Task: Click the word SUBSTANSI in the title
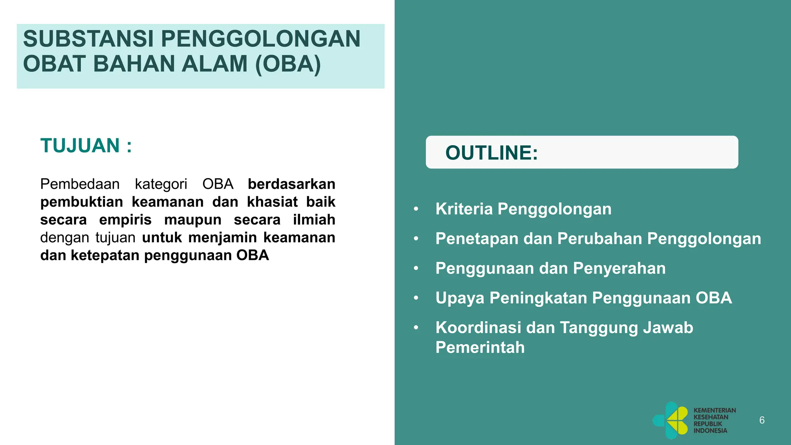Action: [88, 39]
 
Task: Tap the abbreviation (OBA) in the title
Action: [288, 64]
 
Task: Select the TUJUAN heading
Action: [80, 146]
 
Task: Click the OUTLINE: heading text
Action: [491, 153]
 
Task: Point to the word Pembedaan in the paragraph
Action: [80, 184]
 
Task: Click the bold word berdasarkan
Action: [291, 184]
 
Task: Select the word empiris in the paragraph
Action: [125, 220]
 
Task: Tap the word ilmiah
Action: [314, 220]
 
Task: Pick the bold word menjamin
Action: [222, 238]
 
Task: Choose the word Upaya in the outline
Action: [460, 298]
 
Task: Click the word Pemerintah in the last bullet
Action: [480, 347]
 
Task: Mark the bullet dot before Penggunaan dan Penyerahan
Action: [416, 268]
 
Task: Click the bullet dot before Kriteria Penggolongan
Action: [416, 209]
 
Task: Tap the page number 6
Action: [762, 420]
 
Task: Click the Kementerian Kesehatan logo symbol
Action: [671, 420]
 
